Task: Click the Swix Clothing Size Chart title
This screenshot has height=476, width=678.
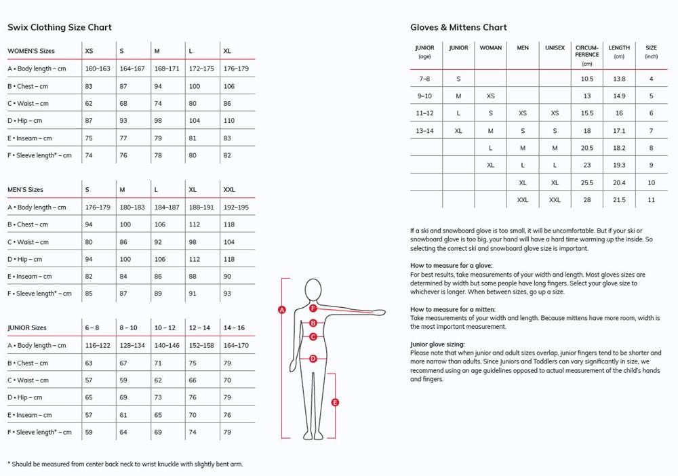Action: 60,27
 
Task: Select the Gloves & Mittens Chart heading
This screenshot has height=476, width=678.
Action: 458,27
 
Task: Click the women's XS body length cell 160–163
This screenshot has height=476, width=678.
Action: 98,68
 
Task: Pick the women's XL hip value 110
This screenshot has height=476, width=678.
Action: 229,121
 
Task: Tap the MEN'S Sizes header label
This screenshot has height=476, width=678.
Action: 25,190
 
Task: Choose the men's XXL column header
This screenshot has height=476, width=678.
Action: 229,190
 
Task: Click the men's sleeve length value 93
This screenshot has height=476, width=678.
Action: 227,294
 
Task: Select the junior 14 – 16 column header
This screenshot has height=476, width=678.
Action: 234,328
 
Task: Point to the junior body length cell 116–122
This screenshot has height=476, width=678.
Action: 98,346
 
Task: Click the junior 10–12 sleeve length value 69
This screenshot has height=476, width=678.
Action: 158,432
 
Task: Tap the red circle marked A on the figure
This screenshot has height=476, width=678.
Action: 282,310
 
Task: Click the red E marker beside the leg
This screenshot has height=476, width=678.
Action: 335,402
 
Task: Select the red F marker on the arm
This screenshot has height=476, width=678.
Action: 313,308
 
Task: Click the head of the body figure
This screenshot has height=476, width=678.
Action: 313,290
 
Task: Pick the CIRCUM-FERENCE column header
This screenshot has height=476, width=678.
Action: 586,52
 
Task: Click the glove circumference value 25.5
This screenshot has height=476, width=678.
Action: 586,182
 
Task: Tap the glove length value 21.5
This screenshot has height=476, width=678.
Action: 619,200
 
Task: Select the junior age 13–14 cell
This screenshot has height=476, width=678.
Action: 424,130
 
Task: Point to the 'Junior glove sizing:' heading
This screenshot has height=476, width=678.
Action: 437,344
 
